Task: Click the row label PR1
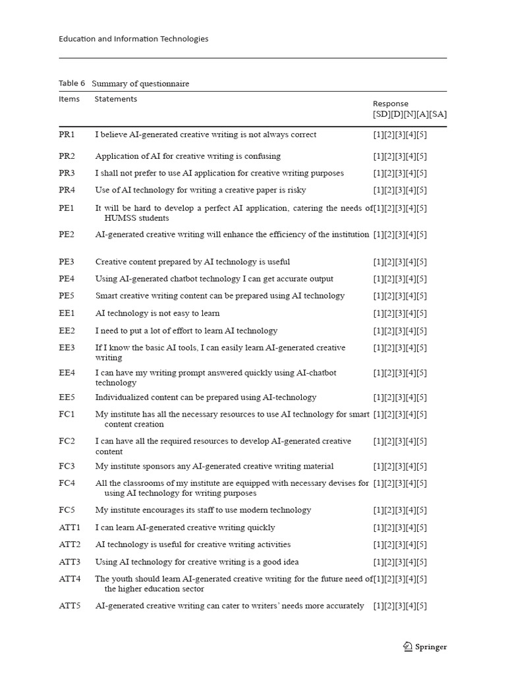67,134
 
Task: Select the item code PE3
67,262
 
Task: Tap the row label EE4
67,373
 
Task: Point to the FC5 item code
67,510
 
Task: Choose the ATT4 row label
69,579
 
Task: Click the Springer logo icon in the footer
408,647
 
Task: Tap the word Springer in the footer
431,647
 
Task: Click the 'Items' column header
69,100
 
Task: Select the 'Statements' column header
116,100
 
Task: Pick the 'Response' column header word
390,104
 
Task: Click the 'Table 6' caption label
72,84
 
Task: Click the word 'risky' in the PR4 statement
295,191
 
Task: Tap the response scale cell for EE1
399,314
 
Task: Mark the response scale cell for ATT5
399,606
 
